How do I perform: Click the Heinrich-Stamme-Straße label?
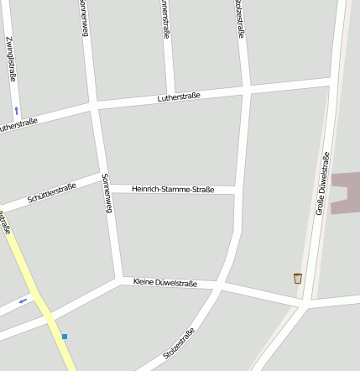[173, 190]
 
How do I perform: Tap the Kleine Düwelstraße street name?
[165, 283]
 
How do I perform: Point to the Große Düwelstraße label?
[322, 184]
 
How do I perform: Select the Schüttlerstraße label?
[52, 193]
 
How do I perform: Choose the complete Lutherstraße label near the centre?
[179, 98]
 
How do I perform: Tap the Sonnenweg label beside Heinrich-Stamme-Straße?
[106, 194]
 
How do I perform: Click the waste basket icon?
[297, 278]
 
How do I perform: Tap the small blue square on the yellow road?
[64, 337]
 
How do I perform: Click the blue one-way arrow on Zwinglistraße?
[16, 109]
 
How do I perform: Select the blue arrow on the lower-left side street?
[23, 300]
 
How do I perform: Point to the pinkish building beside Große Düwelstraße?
[347, 193]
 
